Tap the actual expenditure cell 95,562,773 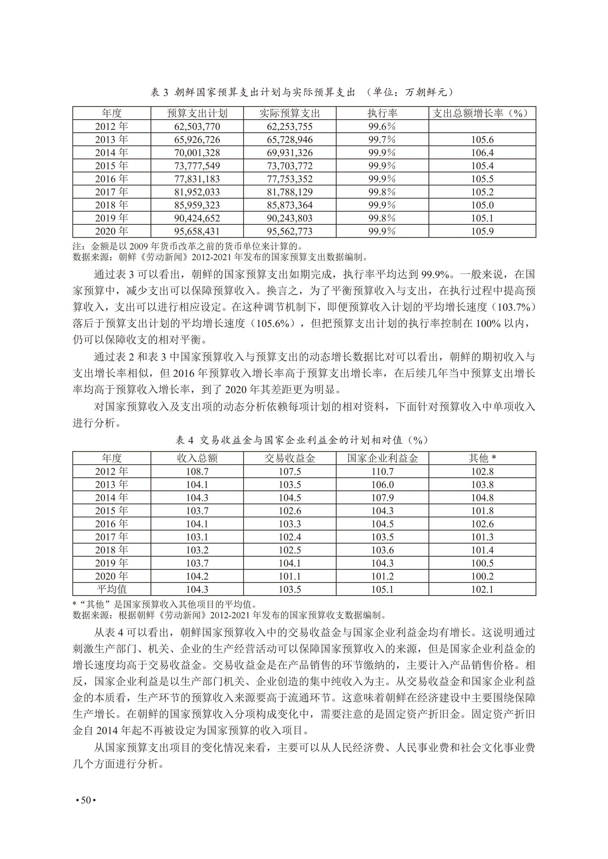coord(289,231)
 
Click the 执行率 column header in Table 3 coord(382,113)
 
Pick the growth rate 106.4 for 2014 coord(482,153)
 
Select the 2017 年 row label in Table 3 coord(112,192)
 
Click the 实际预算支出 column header coord(289,113)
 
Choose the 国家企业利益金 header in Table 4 coord(382,458)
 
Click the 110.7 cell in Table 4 coord(382,471)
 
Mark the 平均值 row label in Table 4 coord(112,589)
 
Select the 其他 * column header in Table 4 coord(482,458)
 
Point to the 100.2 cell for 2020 coord(482,576)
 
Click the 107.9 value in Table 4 coord(382,498)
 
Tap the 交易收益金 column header coord(289,458)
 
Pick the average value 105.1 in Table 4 coord(382,589)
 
